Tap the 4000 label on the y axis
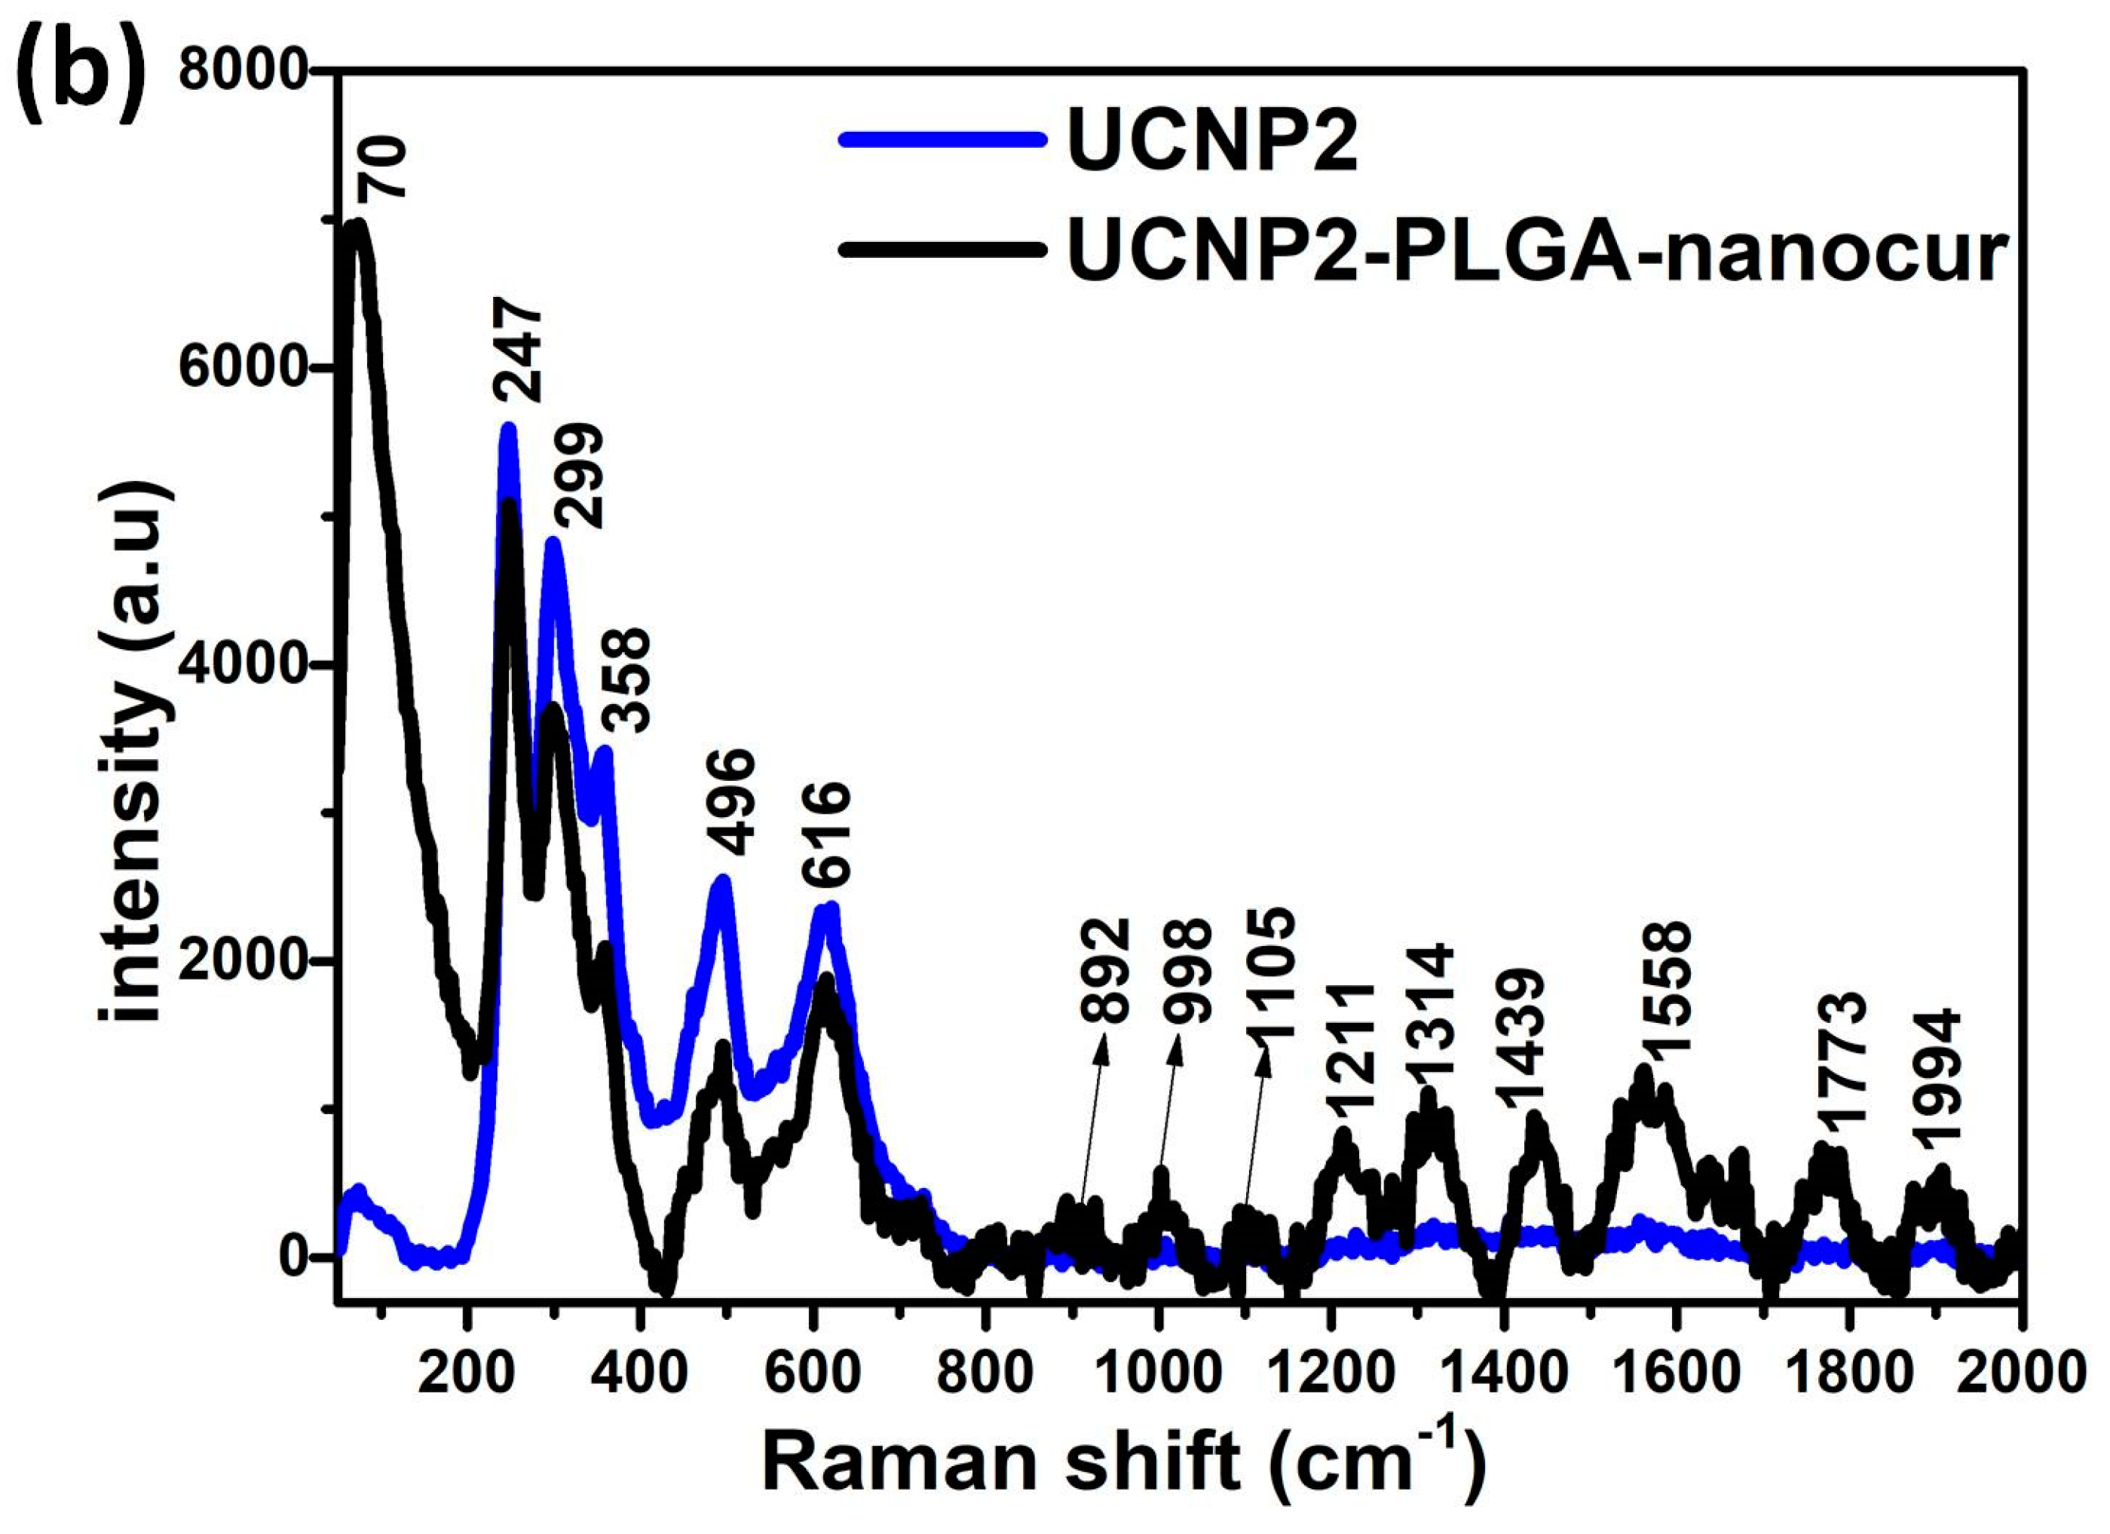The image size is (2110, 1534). point(243,664)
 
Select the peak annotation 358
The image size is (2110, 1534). point(624,679)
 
